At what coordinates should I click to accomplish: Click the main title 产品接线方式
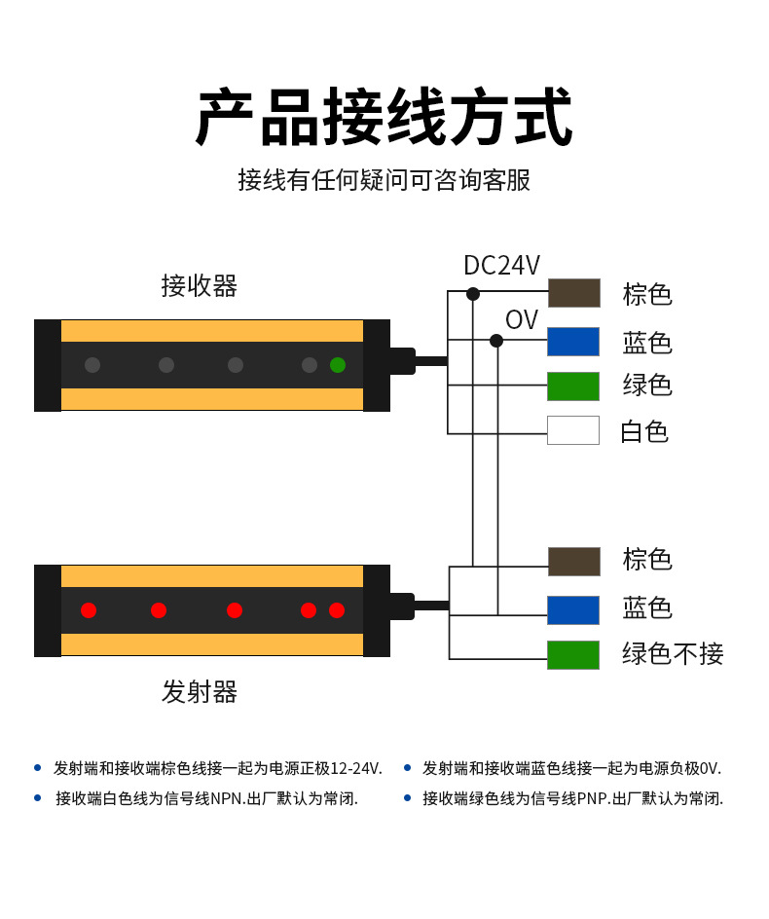pos(384,118)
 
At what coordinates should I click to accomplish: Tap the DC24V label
pos(501,265)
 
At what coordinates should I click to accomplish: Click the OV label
pos(521,319)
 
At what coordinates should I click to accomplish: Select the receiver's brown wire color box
pos(573,293)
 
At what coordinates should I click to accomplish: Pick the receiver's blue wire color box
pos(573,342)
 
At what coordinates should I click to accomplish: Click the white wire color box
pos(573,430)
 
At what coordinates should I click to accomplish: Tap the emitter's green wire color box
pos(573,655)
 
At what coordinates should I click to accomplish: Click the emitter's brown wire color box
pos(573,562)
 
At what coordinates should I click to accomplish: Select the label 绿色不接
pos(673,654)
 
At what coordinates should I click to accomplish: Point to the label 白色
pos(644,431)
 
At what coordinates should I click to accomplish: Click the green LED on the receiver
pos(338,365)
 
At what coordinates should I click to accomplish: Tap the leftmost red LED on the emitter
pos(89,610)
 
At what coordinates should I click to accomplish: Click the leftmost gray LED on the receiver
pos(92,365)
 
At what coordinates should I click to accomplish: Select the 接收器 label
pos(199,285)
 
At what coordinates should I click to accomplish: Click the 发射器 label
pos(199,692)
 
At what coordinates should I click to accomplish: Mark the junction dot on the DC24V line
pos(473,294)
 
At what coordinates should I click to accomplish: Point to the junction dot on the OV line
pos(496,341)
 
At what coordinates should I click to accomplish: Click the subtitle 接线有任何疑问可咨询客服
pos(384,180)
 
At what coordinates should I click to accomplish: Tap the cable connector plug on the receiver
pos(402,361)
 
